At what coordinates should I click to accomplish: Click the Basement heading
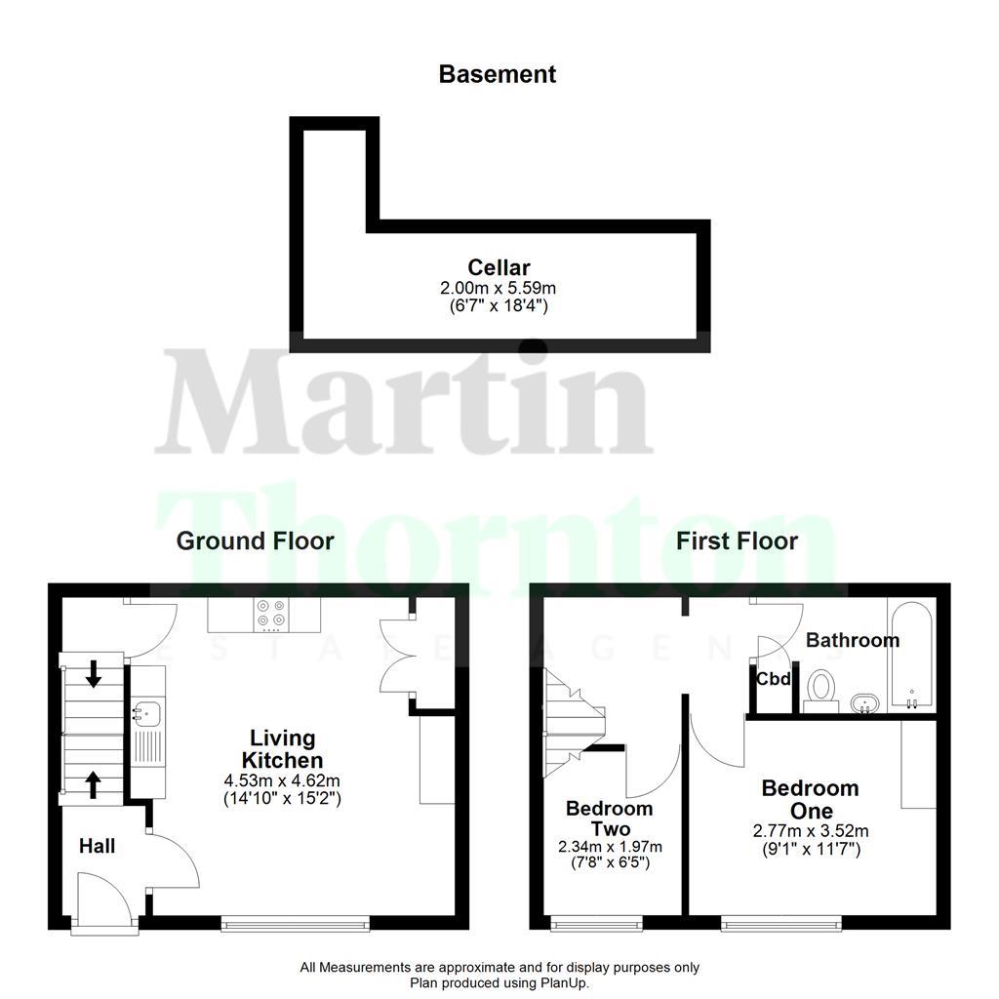[498, 74]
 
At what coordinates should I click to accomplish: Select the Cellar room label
[499, 267]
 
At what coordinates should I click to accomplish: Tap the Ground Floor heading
[255, 541]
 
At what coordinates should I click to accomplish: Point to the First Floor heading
[738, 541]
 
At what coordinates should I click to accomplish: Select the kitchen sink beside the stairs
[141, 713]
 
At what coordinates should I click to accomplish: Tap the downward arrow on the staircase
[94, 673]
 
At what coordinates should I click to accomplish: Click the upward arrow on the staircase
[94, 783]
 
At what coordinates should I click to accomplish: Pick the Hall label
[98, 846]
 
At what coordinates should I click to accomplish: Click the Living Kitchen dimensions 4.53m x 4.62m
[282, 779]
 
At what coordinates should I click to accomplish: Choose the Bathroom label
[853, 641]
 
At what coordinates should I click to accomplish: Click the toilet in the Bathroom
[821, 688]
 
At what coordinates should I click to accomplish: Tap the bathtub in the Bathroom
[910, 654]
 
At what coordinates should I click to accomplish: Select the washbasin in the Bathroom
[864, 701]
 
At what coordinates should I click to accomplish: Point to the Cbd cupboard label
[774, 679]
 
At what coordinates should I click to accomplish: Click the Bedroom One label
[810, 799]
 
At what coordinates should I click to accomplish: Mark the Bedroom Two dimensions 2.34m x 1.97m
[609, 846]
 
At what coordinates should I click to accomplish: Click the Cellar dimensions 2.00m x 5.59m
[498, 288]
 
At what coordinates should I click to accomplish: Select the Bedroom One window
[780, 921]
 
